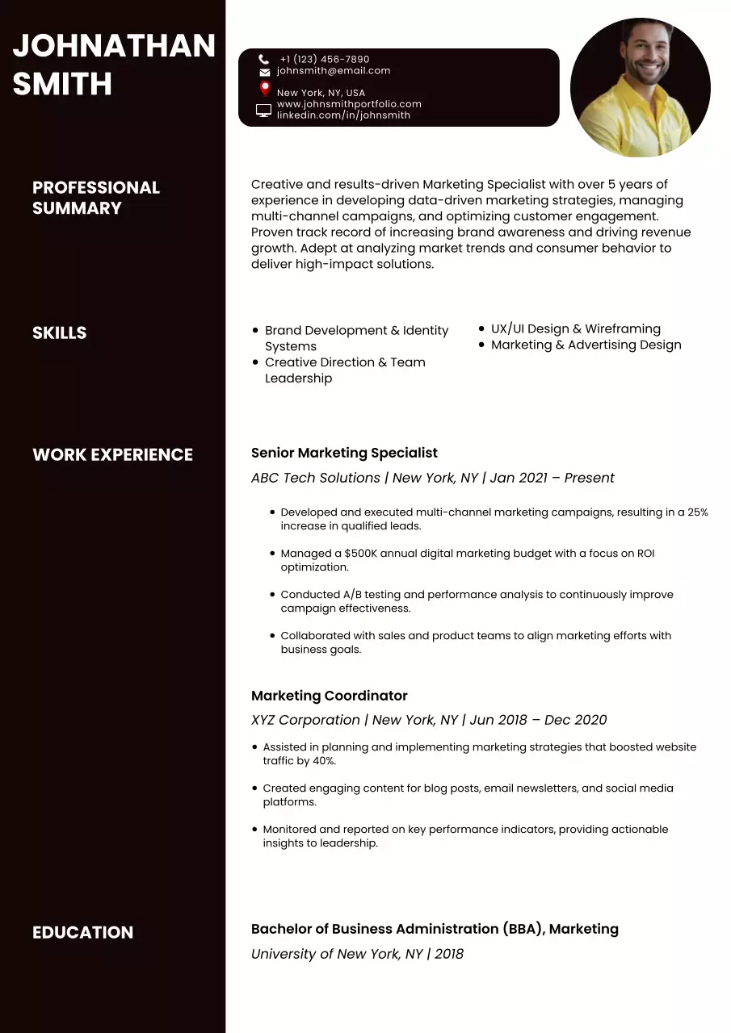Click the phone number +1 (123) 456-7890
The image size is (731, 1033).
point(324,59)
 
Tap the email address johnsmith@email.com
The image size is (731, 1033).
point(333,71)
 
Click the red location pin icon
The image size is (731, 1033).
point(264,89)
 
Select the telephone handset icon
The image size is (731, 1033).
point(264,59)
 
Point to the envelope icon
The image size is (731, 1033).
point(264,72)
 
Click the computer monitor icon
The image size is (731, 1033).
point(263,110)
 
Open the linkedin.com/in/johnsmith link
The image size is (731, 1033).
point(343,115)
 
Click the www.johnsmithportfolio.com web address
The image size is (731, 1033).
point(349,104)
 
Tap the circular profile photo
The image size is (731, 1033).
point(641,87)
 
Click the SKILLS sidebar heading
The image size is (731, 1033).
point(59,332)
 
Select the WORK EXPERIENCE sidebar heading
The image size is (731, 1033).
point(112,454)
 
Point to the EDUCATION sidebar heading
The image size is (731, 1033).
point(82,932)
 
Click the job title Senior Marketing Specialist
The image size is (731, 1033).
point(344,453)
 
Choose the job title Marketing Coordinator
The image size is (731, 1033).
point(329,696)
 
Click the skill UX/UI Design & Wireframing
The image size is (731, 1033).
point(575,328)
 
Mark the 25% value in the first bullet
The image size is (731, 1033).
point(697,512)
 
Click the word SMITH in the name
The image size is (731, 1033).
point(62,84)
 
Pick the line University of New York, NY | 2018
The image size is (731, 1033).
point(357,954)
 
